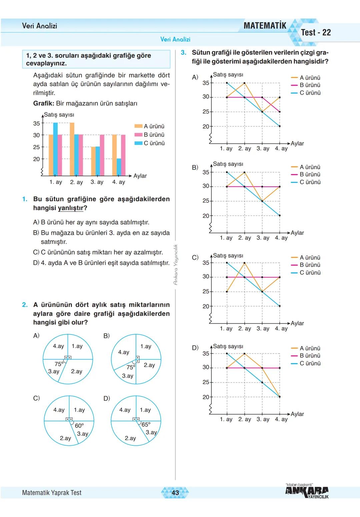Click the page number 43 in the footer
coord(175,492)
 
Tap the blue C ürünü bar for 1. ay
coord(55,149)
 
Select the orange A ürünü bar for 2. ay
coord(72,149)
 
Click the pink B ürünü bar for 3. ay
coord(102,155)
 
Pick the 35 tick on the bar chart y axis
coord(36,123)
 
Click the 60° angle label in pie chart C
coord(79,426)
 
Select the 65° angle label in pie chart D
coord(146,425)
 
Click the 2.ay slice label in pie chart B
coord(149,365)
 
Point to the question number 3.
coord(184,53)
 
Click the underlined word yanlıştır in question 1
coord(71,208)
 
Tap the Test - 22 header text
coord(316,32)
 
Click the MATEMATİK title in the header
coord(265,26)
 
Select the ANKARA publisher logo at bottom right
coord(307,492)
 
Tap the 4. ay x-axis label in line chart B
coord(281,238)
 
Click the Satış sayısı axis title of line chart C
coord(228,255)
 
